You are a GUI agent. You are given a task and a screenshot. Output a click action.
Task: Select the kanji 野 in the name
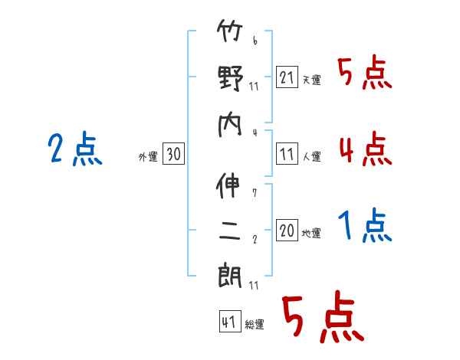(x=229, y=78)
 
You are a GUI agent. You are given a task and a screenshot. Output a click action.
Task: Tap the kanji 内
(x=229, y=123)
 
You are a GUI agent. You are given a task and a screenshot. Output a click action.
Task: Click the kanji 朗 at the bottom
(x=229, y=273)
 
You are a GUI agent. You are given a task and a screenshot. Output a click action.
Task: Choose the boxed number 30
(x=173, y=154)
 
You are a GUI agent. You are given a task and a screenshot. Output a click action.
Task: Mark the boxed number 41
(x=228, y=322)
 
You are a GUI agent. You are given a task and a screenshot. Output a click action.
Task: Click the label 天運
(x=311, y=80)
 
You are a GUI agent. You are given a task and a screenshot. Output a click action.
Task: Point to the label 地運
(x=311, y=233)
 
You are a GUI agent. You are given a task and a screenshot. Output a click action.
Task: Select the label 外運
(x=148, y=157)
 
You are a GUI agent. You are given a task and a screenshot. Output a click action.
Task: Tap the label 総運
(x=254, y=325)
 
